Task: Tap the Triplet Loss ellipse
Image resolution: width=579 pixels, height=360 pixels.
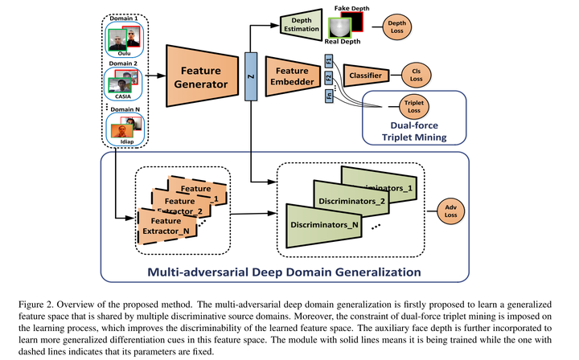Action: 415,104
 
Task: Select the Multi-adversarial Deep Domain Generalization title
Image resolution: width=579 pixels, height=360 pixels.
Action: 284,270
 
